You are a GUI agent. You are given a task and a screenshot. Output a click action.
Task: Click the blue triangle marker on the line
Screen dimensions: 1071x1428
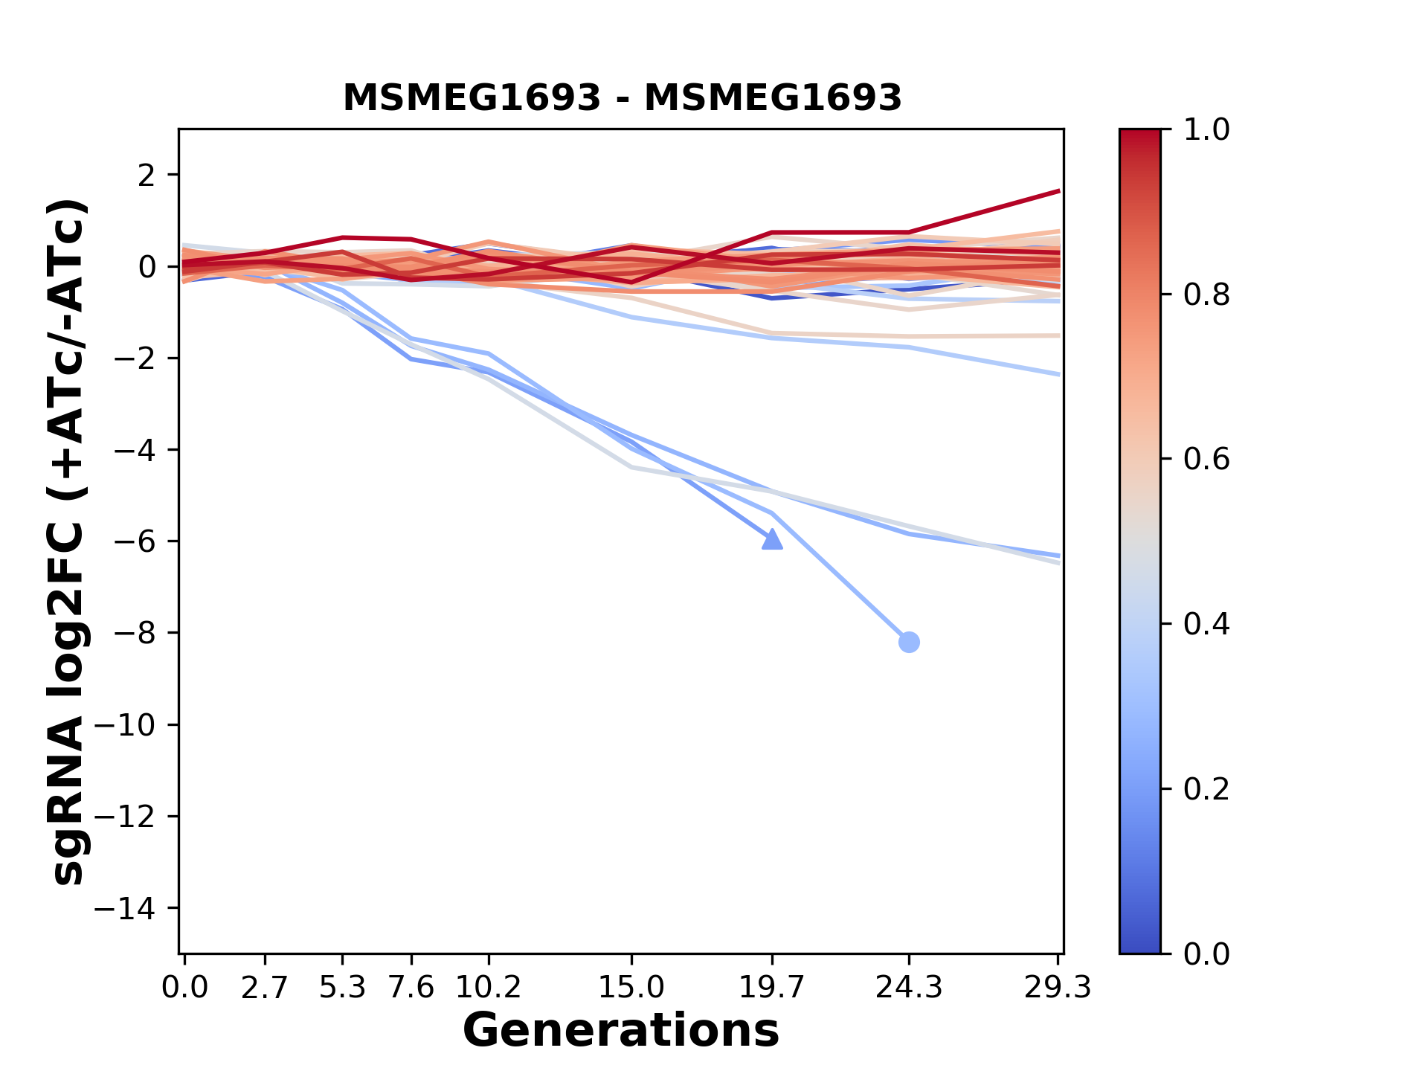[773, 539]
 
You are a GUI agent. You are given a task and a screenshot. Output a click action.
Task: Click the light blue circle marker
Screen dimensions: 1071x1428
[909, 642]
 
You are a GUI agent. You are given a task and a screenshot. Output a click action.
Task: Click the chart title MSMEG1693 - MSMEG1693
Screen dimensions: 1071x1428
[622, 98]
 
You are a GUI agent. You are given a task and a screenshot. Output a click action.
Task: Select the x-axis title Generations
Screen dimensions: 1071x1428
[621, 1031]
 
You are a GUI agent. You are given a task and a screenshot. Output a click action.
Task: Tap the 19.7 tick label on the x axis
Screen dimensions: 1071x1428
[771, 988]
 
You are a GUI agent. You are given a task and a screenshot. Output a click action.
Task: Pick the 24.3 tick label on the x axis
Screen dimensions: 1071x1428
[908, 988]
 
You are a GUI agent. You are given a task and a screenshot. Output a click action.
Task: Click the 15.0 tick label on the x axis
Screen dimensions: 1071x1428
[631, 988]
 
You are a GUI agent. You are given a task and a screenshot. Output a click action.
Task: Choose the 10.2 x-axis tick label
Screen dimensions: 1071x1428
[488, 988]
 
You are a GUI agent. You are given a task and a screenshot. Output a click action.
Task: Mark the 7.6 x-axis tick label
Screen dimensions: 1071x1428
[411, 988]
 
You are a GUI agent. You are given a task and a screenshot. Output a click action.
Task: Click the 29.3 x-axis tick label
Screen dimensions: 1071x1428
[1058, 988]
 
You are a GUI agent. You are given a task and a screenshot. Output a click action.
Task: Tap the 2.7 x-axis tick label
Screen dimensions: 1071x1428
[265, 988]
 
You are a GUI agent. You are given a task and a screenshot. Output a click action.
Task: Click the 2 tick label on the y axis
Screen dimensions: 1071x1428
[147, 176]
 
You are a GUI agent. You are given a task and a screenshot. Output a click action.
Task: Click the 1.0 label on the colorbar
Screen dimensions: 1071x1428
[1206, 130]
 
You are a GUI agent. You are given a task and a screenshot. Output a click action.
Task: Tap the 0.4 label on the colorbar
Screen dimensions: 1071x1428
[1206, 624]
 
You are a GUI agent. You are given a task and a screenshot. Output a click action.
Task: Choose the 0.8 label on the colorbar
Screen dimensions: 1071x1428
[1206, 295]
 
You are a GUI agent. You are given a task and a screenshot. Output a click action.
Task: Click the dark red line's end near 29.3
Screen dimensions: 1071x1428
[1057, 192]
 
